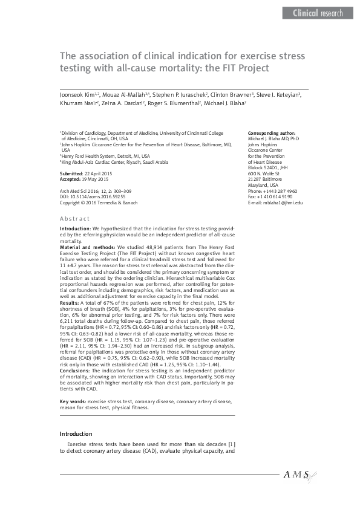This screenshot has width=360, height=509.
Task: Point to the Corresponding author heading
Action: pos(272,132)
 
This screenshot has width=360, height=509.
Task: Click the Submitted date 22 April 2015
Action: pos(95,173)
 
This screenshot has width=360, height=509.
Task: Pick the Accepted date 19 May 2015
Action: pos(94,180)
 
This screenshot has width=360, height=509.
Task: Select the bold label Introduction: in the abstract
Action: pos(75,229)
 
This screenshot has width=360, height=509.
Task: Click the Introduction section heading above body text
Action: pos(76,434)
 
